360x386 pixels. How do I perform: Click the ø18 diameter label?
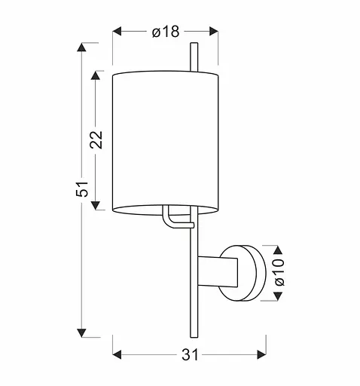click(x=164, y=31)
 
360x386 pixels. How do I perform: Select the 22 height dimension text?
click(x=96, y=139)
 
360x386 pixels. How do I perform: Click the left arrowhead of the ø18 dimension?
click(x=117, y=31)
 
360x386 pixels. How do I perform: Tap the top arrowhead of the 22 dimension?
click(x=96, y=76)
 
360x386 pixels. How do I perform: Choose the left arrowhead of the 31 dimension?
click(x=117, y=353)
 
